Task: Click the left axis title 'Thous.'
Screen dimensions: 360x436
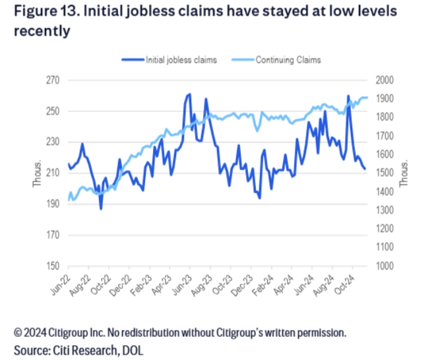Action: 38,173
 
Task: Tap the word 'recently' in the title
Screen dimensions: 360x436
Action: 42,31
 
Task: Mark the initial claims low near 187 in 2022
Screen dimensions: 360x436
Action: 101,208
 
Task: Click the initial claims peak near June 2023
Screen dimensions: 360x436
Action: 189,94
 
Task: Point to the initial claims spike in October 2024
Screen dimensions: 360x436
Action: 348,96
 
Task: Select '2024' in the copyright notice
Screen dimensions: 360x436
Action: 38,332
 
